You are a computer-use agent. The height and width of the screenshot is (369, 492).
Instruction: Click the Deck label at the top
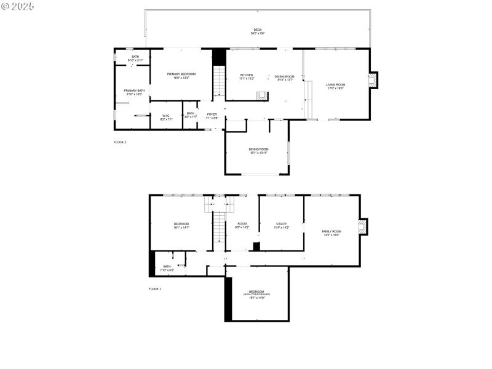coord(257,31)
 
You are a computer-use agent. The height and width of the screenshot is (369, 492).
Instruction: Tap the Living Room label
coord(335,86)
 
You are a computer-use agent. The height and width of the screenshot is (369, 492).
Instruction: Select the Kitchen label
coord(246,77)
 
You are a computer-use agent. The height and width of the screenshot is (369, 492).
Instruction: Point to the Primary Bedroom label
coord(181,76)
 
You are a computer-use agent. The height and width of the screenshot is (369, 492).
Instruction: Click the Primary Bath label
coord(134,92)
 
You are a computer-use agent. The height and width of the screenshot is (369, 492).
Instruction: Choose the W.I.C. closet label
coord(165,117)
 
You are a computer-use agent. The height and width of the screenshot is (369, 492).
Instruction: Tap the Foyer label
coord(212,116)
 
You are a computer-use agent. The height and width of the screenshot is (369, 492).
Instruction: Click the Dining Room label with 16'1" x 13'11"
coord(258,151)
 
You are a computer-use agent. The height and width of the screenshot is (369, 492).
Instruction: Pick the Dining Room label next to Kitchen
coord(284,78)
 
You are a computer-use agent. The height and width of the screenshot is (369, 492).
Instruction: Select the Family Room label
coord(331,233)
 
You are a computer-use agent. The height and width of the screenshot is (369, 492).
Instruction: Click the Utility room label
coord(281,226)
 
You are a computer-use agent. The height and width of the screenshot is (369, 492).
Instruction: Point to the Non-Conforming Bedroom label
coord(256,294)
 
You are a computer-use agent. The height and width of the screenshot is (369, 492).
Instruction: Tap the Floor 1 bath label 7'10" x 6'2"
coord(167,268)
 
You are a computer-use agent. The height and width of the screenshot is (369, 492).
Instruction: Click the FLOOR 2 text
coord(120,142)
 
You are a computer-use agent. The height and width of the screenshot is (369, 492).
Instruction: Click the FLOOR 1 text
coord(154,288)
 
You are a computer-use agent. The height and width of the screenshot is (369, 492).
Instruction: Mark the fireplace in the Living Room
coord(371,80)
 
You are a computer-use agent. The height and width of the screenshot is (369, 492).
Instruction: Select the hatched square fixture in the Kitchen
coord(262,95)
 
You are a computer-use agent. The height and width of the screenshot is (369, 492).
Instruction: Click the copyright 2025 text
coord(18,6)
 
